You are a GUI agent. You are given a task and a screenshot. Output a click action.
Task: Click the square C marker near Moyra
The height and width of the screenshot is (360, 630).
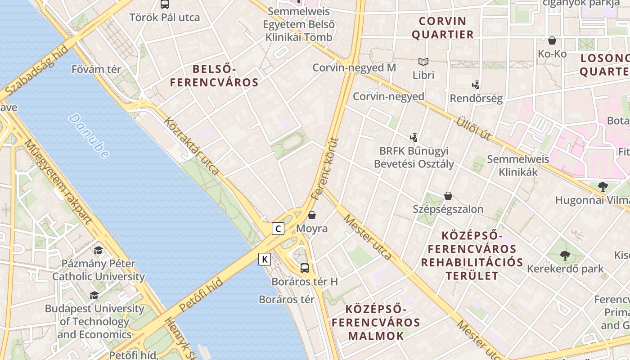coord(278,229)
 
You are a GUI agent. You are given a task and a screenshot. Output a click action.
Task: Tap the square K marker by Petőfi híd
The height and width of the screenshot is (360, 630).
coord(265,259)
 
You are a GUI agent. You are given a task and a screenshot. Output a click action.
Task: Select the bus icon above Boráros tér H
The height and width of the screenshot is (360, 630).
coord(305,268)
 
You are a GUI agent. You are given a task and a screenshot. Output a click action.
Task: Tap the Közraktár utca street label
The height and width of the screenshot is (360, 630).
coord(192,146)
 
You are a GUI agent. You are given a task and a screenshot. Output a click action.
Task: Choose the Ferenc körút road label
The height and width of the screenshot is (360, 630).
coord(324,169)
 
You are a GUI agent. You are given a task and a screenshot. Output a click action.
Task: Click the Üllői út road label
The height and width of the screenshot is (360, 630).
coord(473,129)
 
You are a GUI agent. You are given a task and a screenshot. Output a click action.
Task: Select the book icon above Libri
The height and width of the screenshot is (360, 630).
coord(423,62)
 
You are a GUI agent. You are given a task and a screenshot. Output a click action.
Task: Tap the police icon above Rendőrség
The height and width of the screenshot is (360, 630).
coord(476,85)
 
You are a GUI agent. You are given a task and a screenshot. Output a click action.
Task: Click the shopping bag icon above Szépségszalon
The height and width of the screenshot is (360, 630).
coord(448,196)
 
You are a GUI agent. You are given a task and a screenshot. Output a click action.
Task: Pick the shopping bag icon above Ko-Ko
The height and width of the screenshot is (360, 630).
coord(552,40)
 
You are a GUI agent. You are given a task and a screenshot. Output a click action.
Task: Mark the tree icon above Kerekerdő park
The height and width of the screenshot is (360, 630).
coord(565,256)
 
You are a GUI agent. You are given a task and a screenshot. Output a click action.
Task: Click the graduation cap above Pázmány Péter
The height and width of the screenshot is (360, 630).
coord(98,250)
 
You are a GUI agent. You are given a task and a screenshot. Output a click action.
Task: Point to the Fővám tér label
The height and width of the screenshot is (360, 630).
coord(96,69)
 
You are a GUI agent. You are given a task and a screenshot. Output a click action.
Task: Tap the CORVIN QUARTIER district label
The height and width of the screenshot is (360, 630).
coord(443,28)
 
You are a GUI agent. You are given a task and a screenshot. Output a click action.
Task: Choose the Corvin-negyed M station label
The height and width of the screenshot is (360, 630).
coord(354,67)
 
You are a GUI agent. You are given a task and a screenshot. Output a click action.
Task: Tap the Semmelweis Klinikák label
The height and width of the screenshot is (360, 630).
coord(518,165)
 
